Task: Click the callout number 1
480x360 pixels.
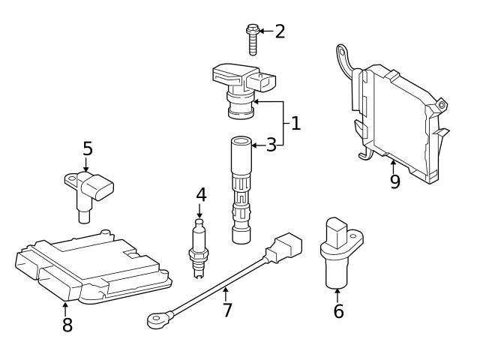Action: pyautogui.click(x=295, y=123)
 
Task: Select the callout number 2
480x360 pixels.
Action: pyautogui.click(x=280, y=31)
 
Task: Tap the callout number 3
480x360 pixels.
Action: pyautogui.click(x=271, y=145)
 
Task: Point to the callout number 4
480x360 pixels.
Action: pyautogui.click(x=200, y=195)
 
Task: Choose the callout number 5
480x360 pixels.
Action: pyautogui.click(x=88, y=148)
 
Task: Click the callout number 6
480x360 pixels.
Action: pyautogui.click(x=338, y=310)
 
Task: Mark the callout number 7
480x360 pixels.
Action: pyautogui.click(x=227, y=309)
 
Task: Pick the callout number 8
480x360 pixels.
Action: pyautogui.click(x=67, y=325)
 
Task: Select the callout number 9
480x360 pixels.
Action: pyautogui.click(x=394, y=181)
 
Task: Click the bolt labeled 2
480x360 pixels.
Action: pyautogui.click(x=253, y=38)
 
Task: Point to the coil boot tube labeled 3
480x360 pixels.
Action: pyautogui.click(x=239, y=187)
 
